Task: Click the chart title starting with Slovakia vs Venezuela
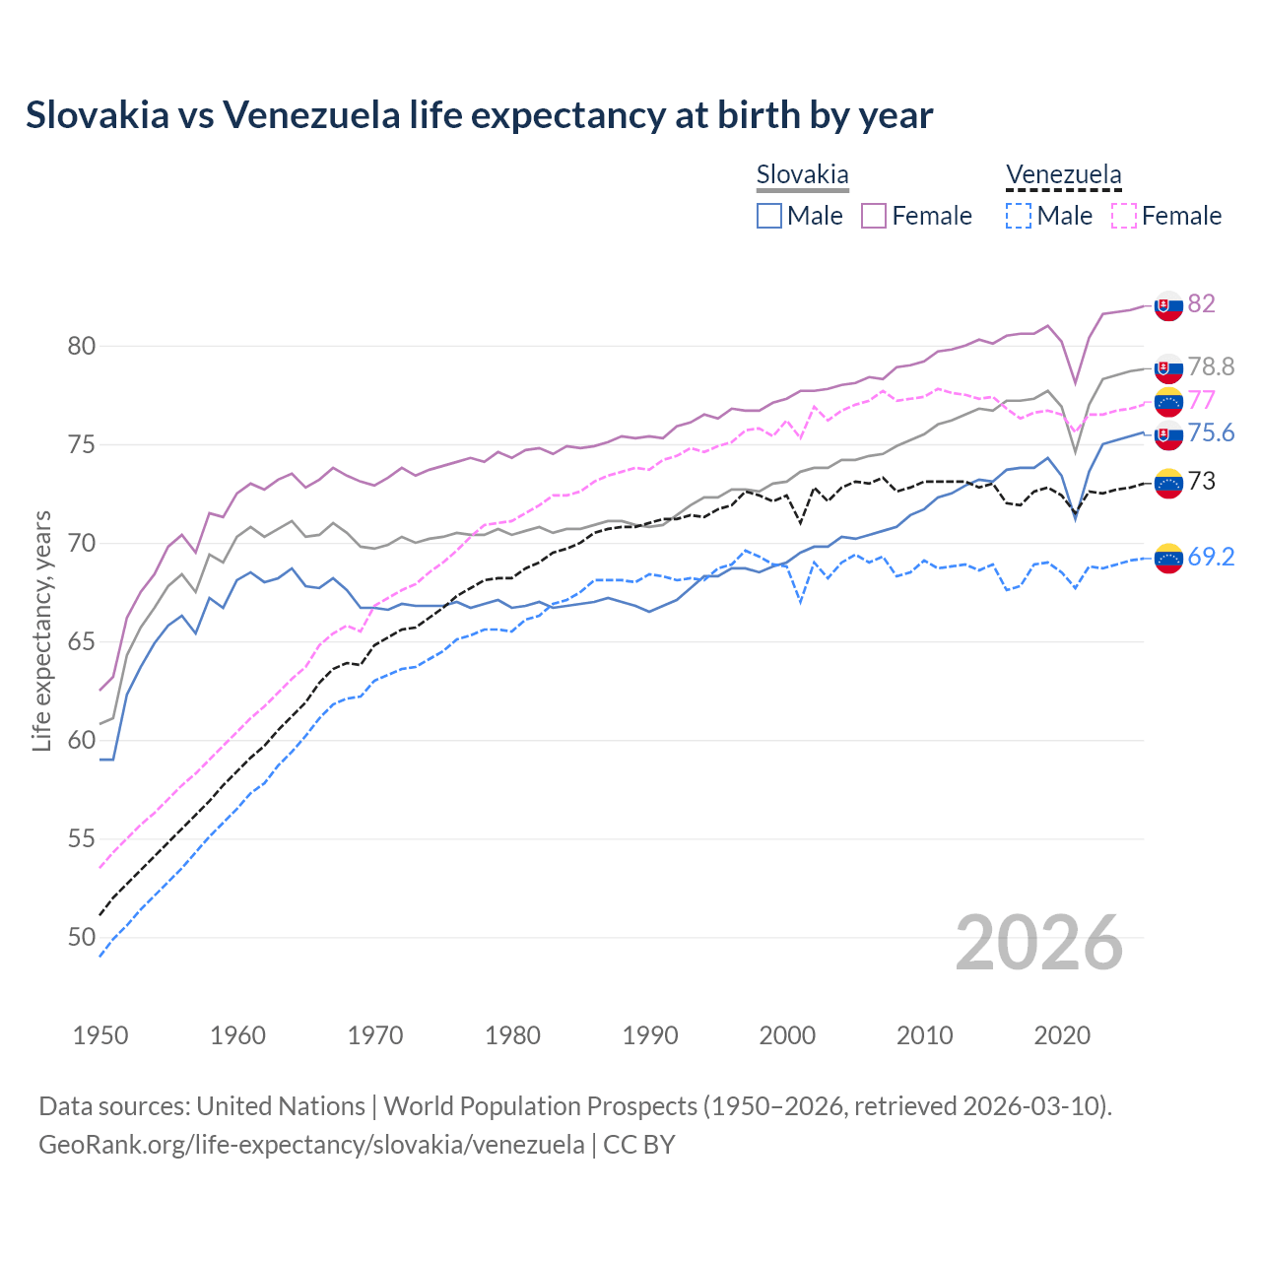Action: pyautogui.click(x=479, y=115)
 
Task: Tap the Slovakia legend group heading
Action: pyautogui.click(x=802, y=175)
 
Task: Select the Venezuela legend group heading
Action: pyautogui.click(x=1063, y=175)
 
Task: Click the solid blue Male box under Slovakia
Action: pyautogui.click(x=769, y=216)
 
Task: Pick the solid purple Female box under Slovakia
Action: pyautogui.click(x=874, y=216)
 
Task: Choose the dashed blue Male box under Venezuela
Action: pyautogui.click(x=1019, y=216)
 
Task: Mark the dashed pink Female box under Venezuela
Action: pyautogui.click(x=1123, y=216)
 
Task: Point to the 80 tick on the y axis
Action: pyautogui.click(x=82, y=346)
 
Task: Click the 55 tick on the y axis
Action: pyautogui.click(x=82, y=838)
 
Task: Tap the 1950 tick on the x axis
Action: pyautogui.click(x=100, y=1035)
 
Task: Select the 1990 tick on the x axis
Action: pyautogui.click(x=650, y=1035)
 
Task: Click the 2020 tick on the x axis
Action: pyautogui.click(x=1062, y=1035)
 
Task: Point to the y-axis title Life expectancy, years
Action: pyautogui.click(x=42, y=630)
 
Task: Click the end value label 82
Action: pyautogui.click(x=1201, y=303)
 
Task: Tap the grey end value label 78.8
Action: pyautogui.click(x=1211, y=366)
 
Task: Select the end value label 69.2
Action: pyautogui.click(x=1211, y=557)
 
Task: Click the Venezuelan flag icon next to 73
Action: pyautogui.click(x=1168, y=483)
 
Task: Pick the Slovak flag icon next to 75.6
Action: pyautogui.click(x=1168, y=434)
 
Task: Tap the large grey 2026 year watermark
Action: pyautogui.click(x=1039, y=943)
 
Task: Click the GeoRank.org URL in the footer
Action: pyautogui.click(x=311, y=1145)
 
